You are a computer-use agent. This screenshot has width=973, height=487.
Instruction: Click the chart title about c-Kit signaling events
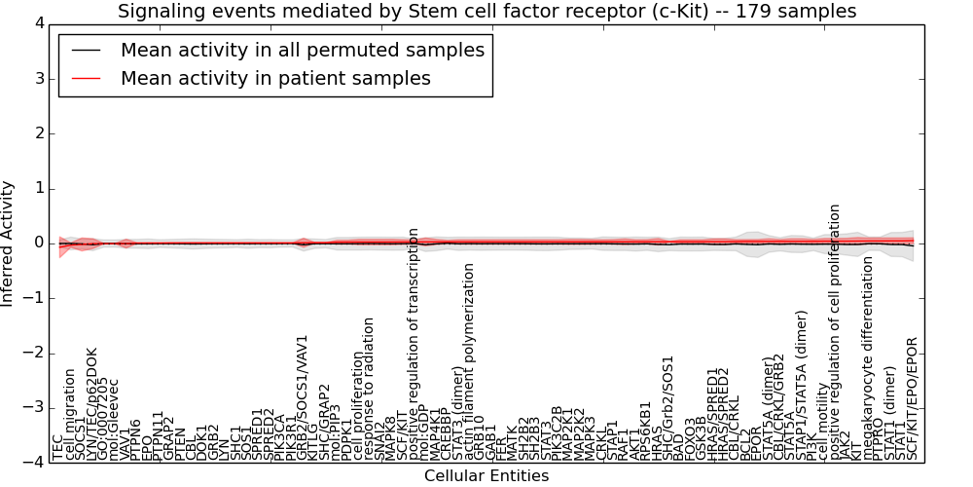pos(486,12)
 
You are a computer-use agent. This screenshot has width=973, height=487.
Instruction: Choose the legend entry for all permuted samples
pos(302,51)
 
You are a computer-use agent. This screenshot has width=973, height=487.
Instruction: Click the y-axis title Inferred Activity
pos(9,243)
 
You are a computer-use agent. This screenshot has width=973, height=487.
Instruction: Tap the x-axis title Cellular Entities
pos(486,476)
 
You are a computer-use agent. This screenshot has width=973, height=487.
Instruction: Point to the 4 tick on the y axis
pos(39,23)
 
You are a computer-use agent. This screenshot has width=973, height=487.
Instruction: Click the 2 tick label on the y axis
pos(39,133)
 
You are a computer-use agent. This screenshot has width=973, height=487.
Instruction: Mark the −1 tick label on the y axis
pos(35,298)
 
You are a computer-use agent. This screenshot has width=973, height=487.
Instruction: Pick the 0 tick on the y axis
pos(39,243)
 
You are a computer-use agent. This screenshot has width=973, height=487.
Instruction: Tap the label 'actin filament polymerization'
pos(469,361)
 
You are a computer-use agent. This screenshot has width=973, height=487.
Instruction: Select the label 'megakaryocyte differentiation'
pos(869,357)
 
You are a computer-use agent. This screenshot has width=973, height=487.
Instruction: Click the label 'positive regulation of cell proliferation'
pos(836,332)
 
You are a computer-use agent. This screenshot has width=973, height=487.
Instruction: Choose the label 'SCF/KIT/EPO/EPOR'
pos(913,398)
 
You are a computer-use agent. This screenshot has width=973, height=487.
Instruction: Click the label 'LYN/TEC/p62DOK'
pos(92,403)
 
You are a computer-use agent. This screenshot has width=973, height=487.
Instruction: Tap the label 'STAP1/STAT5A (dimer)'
pos(803,386)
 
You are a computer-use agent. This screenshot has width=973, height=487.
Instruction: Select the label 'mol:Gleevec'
pos(114,419)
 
